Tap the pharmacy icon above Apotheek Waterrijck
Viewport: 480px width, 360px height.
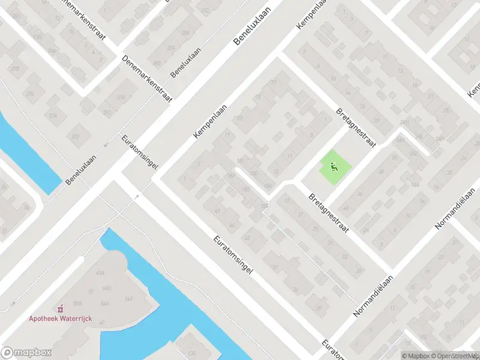[59, 309]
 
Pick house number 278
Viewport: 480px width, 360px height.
[15, 70]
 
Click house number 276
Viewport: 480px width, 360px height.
[30, 94]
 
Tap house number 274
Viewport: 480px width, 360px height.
[53, 116]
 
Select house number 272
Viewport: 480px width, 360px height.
[75, 137]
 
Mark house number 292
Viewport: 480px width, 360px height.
[107, 113]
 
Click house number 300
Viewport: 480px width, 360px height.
[157, 62]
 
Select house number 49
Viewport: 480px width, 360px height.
[232, 226]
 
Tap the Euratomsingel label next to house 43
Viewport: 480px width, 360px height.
[233, 255]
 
